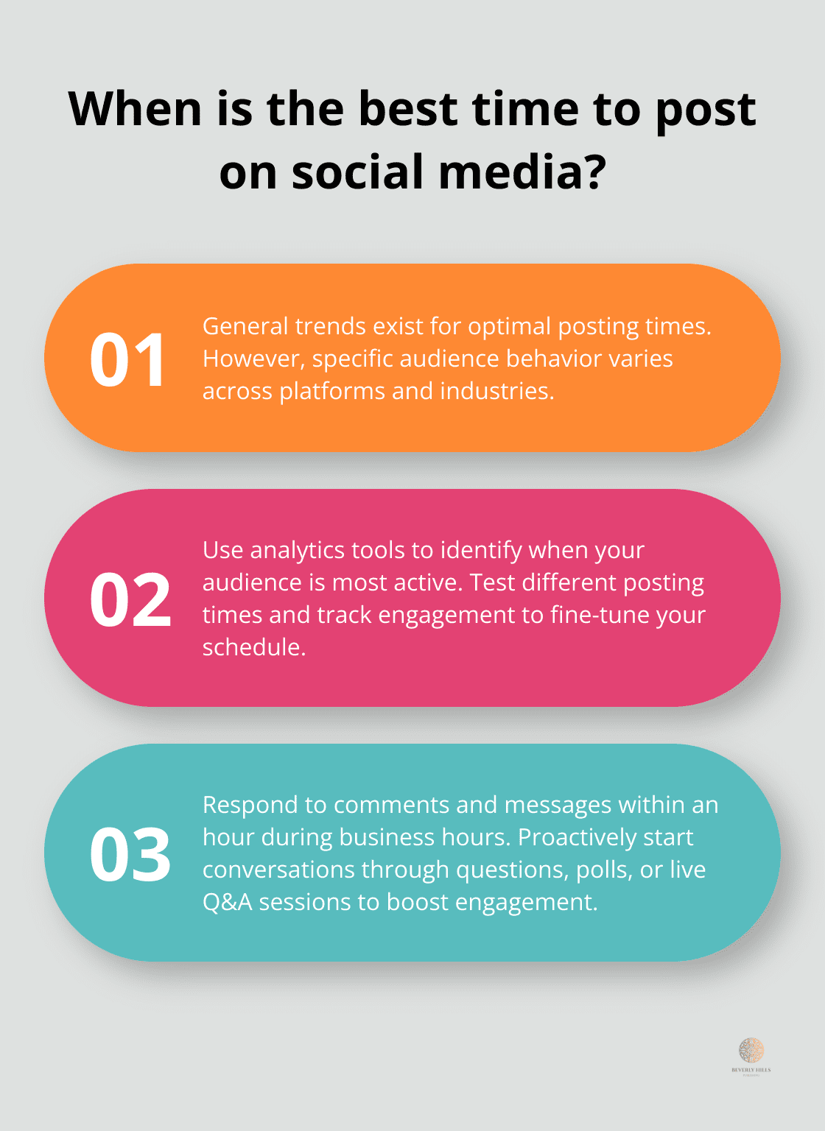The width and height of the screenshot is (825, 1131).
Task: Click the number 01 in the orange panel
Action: point(127,359)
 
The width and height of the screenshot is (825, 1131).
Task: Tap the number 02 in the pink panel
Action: point(130,600)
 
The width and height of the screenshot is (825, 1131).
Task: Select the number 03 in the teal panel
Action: point(130,854)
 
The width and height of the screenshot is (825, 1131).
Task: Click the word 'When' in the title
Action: point(135,109)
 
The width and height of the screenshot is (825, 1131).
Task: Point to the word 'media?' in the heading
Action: point(522,172)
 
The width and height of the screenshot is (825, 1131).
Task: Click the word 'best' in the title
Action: point(408,109)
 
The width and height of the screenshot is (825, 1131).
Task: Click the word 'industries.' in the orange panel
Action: point(497,390)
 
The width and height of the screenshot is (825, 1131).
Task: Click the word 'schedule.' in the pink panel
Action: point(254,647)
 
